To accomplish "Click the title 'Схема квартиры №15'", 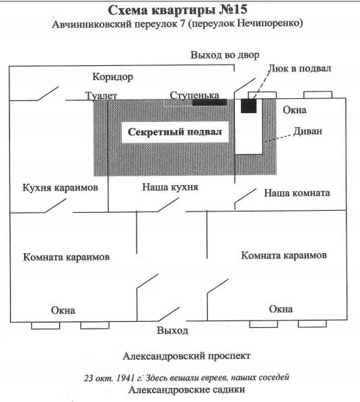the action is pos(178,10).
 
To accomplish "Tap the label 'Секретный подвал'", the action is pos(175,132).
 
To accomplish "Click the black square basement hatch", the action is pos(248,106).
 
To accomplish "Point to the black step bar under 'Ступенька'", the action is pos(209,102).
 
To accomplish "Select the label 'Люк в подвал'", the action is pos(299,69).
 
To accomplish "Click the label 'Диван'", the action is pos(308,131).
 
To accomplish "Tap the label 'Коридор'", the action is pos(113,77).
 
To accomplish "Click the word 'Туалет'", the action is pos(101,96).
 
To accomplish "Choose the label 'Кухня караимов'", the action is pos(60,187).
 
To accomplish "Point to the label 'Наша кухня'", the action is pos(170,187).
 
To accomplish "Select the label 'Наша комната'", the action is pos(297,193).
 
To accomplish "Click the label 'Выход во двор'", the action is pos(225,55).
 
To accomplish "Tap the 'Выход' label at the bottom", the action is pos(172,330).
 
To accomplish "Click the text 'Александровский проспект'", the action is pos(186,356).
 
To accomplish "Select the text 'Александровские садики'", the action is pos(186,390).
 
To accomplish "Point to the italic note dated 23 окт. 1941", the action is pos(186,377).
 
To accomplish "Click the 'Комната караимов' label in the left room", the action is pos(67,257).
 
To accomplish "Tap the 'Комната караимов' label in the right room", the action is pos(284,255).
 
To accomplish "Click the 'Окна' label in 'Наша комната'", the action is pos(295,110).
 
